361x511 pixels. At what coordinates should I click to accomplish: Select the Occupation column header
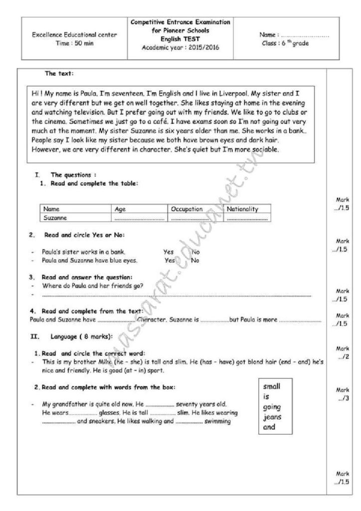187,209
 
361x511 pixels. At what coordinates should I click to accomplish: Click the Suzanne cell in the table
55,218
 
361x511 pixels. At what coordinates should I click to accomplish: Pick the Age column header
120,209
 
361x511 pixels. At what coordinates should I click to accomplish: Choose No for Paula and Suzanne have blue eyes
195,260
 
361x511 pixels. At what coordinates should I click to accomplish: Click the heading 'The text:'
59,74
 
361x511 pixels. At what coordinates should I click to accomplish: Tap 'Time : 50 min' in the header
75,43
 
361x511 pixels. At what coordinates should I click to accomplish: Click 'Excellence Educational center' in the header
75,35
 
